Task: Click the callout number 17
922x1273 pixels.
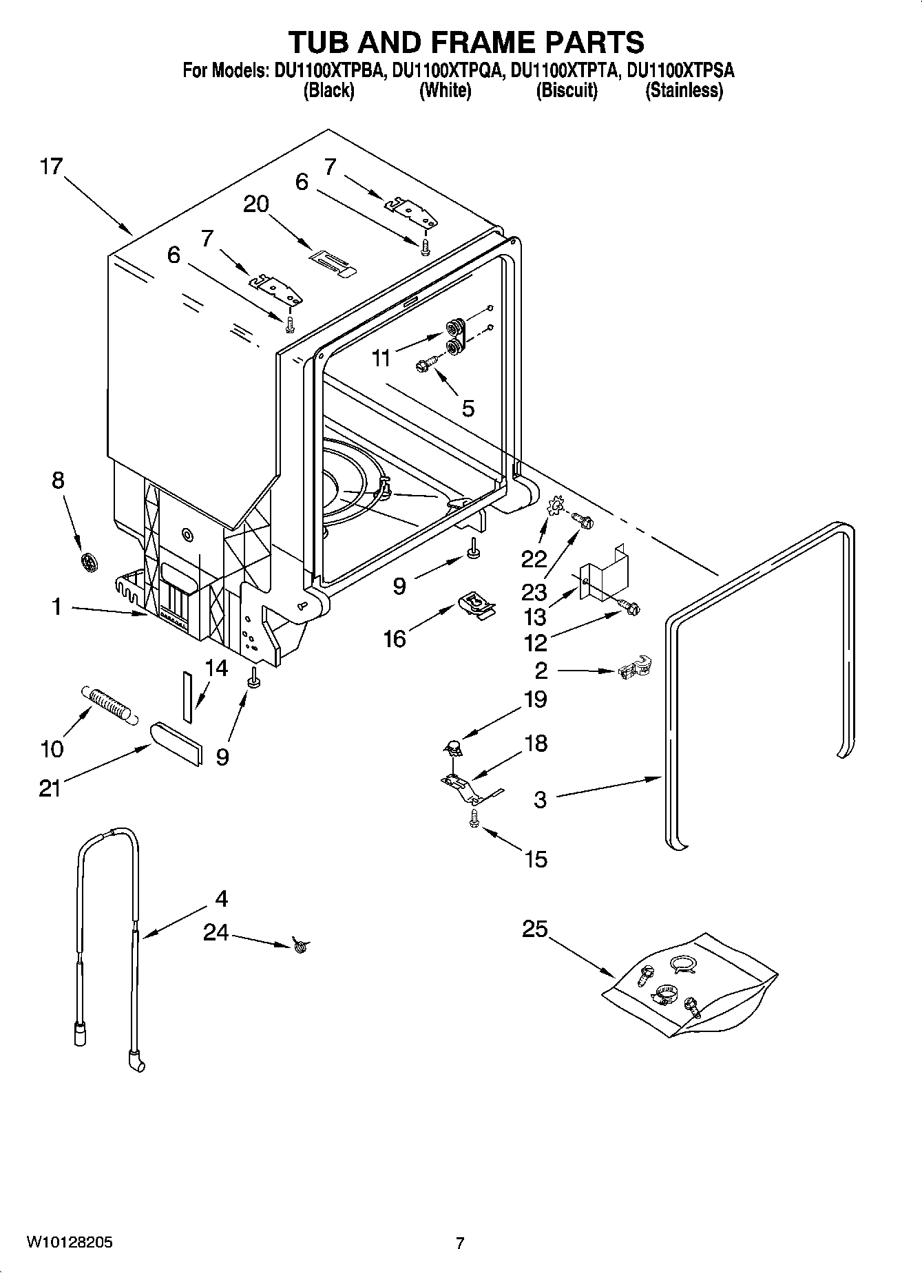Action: [x=51, y=167]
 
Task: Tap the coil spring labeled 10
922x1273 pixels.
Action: [x=108, y=703]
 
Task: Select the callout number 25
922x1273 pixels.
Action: [x=534, y=929]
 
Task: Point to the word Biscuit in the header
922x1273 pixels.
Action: [x=567, y=90]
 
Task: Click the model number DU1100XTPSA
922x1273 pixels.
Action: [x=680, y=70]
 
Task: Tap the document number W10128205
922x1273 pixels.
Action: [x=70, y=1243]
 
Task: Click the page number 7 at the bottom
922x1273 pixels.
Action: [x=460, y=1243]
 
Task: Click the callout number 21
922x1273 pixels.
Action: [x=50, y=788]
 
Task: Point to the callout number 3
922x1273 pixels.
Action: [x=540, y=799]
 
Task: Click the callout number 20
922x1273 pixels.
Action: [x=256, y=204]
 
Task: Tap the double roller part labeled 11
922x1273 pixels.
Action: [x=454, y=337]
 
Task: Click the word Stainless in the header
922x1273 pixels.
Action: [x=684, y=90]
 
